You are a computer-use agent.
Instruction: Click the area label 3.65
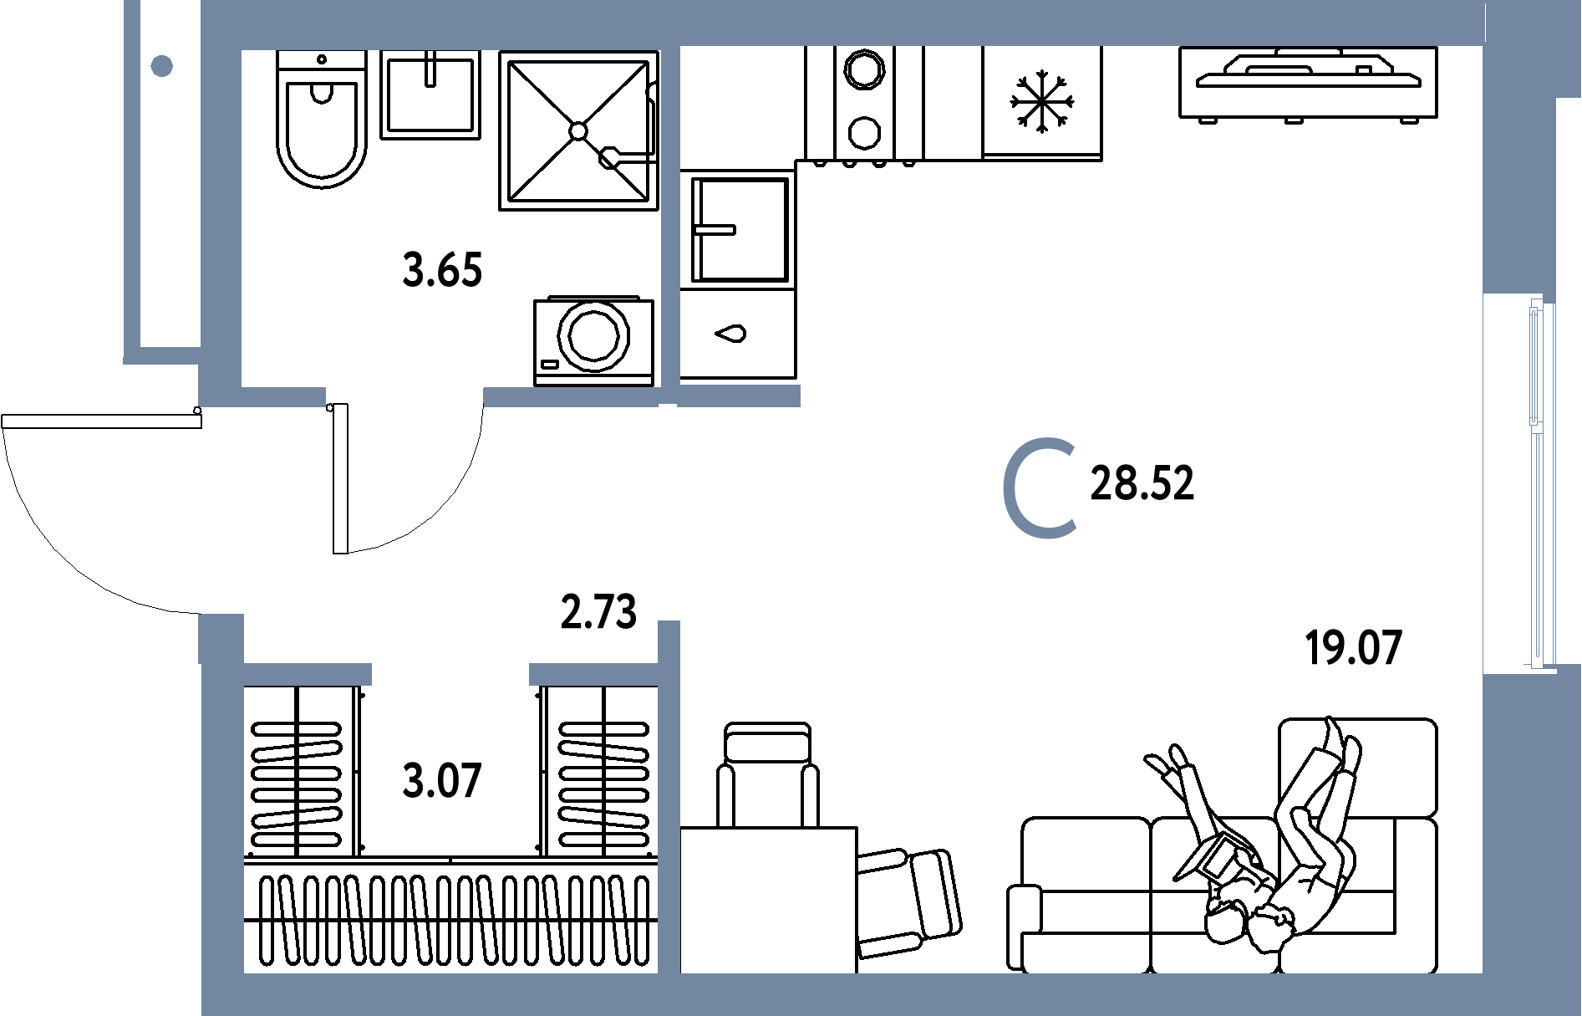tap(442, 271)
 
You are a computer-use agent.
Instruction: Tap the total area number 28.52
tap(1142, 484)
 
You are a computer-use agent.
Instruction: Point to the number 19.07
tap(1352, 649)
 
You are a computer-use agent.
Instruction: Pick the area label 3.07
tap(441, 781)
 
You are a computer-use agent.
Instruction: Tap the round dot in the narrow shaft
tap(162, 65)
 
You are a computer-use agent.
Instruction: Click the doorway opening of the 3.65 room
tap(404, 396)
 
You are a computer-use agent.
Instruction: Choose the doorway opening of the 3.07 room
tap(450, 674)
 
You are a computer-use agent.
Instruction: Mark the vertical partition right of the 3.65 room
tap(669, 217)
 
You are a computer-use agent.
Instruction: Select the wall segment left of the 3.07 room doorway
tap(307, 674)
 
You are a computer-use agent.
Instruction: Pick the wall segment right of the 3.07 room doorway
tap(593, 674)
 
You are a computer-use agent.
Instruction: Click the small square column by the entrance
tap(221, 637)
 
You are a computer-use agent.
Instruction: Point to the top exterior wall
tap(836, 23)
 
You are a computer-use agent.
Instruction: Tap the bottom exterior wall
tap(836, 995)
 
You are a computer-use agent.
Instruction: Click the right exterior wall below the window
tap(1531, 836)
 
